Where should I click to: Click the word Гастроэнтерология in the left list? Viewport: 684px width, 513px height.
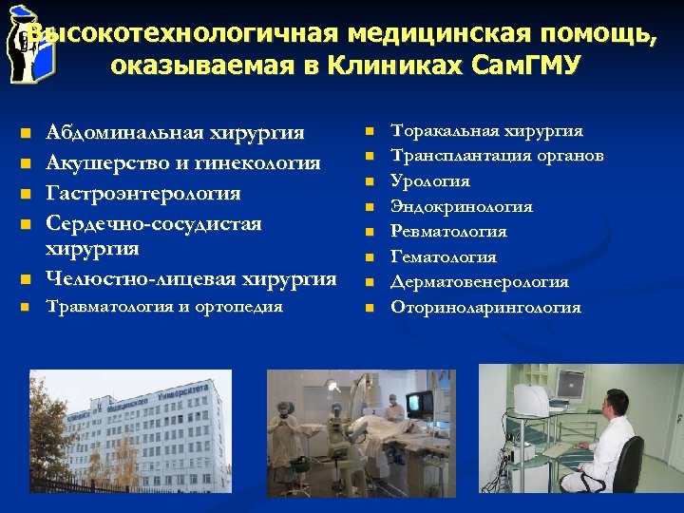pyautogui.click(x=143, y=194)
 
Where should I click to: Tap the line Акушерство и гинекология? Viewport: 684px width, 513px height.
pyautogui.click(x=183, y=163)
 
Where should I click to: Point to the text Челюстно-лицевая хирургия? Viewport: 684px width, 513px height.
pyautogui.click(x=191, y=278)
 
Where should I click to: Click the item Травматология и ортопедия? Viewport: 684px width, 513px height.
pyautogui.click(x=164, y=307)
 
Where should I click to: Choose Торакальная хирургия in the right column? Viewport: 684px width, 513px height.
pyautogui.click(x=486, y=131)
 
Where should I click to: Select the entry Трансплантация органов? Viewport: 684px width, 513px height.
pyautogui.click(x=497, y=156)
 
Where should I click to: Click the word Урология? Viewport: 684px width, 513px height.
pyautogui.click(x=430, y=181)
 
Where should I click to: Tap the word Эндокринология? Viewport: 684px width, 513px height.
pyautogui.click(x=462, y=207)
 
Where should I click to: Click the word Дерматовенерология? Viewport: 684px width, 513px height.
pyautogui.click(x=480, y=282)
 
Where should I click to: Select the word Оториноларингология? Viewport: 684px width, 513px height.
pyautogui.click(x=485, y=308)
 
